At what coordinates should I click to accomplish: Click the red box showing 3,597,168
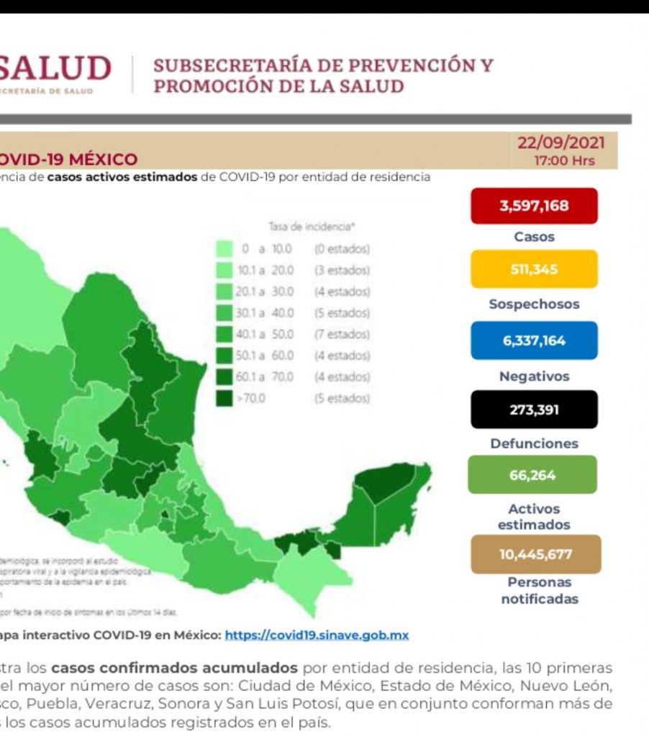pyautogui.click(x=534, y=206)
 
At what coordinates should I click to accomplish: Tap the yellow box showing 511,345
pyautogui.click(x=534, y=269)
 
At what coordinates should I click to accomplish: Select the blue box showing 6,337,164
pyautogui.click(x=534, y=340)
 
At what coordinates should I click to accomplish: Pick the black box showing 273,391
pyautogui.click(x=534, y=410)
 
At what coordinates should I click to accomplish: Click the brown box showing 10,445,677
pyautogui.click(x=535, y=554)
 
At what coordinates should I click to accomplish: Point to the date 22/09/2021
pyautogui.click(x=561, y=143)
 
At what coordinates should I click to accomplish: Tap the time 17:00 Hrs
pyautogui.click(x=564, y=160)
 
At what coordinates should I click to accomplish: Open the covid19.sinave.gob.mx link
pyautogui.click(x=317, y=636)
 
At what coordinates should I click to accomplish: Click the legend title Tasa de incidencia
pyautogui.click(x=312, y=227)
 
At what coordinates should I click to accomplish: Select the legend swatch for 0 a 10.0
pyautogui.click(x=224, y=249)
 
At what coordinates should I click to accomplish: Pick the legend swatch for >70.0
pyautogui.click(x=224, y=398)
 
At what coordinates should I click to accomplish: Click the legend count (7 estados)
pyautogui.click(x=342, y=334)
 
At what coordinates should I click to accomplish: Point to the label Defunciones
pyautogui.click(x=534, y=443)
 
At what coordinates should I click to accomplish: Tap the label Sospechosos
pyautogui.click(x=534, y=304)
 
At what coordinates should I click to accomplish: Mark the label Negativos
pyautogui.click(x=534, y=376)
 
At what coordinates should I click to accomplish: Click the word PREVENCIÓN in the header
pyautogui.click(x=368, y=65)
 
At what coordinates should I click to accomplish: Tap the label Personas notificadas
pyautogui.click(x=540, y=590)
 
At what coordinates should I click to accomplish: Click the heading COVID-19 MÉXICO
pyautogui.click(x=68, y=159)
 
